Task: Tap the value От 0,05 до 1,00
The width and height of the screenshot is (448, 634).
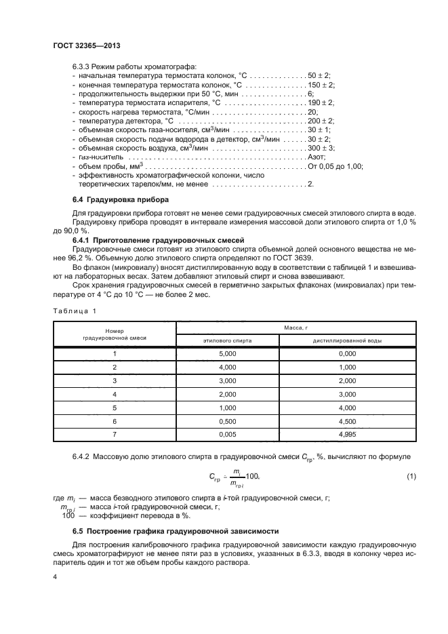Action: (x=335, y=165)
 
